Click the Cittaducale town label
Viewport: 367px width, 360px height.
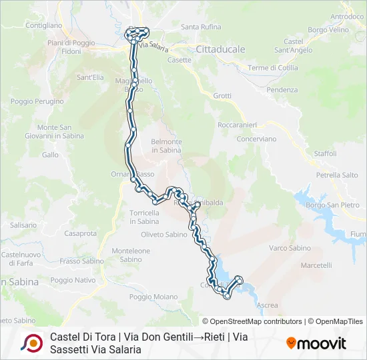(221, 49)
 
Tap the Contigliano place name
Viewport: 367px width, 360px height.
(43, 25)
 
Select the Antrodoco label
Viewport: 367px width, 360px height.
(347, 16)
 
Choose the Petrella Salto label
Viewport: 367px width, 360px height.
(337, 175)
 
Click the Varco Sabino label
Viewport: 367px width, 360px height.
(290, 248)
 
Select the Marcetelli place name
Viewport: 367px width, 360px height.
(316, 265)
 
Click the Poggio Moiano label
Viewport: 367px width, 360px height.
(153, 297)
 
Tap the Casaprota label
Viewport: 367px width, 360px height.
(79, 233)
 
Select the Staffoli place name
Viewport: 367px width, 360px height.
(326, 153)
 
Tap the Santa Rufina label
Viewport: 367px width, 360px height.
(201, 27)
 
